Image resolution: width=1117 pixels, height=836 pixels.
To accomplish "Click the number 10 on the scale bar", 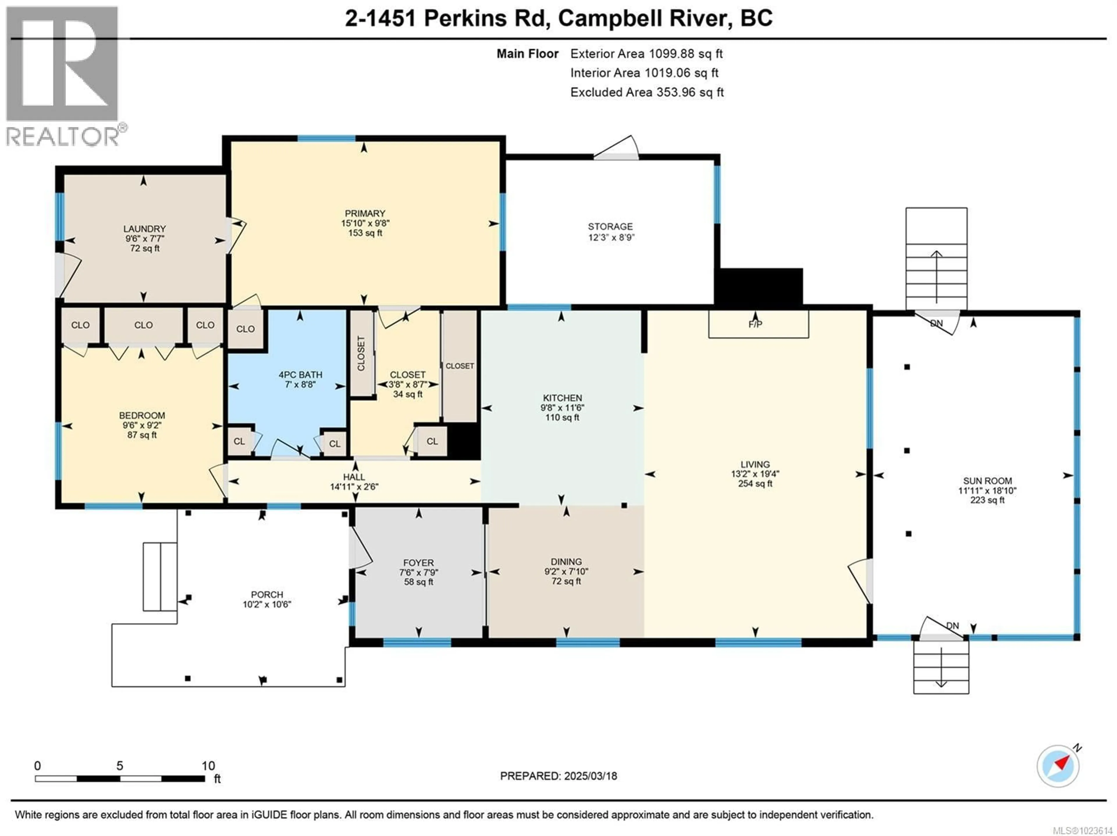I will [x=208, y=766].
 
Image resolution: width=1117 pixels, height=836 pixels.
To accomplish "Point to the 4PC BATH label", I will [x=300, y=375].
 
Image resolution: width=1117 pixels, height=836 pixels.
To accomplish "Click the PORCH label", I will [x=267, y=595].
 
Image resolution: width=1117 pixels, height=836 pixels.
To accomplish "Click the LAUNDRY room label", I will [x=144, y=229].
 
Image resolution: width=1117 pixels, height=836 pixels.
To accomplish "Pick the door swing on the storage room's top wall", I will [x=617, y=148].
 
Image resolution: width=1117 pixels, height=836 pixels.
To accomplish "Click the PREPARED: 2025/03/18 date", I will [x=558, y=776].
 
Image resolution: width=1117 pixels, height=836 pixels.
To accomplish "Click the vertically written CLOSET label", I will [x=361, y=353].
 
